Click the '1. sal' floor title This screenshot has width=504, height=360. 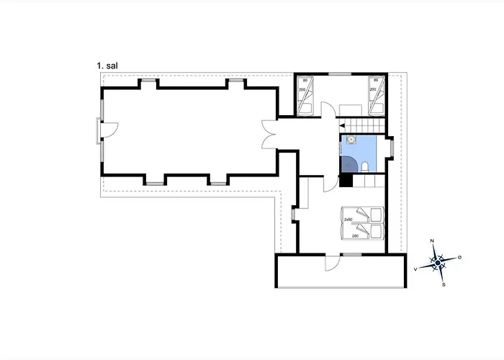tap(107, 66)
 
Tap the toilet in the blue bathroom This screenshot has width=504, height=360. tap(365, 167)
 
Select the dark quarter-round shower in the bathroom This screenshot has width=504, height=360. tap(348, 164)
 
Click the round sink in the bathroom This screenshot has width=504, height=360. tap(351, 140)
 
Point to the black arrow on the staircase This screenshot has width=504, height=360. tap(342, 126)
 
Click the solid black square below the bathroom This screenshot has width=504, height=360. tap(346, 181)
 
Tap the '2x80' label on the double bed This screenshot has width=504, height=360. tap(348, 220)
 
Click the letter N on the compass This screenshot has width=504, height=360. tap(432, 240)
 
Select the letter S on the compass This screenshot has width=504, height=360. tap(444, 285)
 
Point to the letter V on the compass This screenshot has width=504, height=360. tap(415, 269)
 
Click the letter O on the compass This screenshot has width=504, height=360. tap(459, 257)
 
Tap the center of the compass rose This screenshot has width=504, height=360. tap(438, 263)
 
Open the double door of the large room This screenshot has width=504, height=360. tap(269, 135)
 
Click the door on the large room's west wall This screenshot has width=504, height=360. tap(110, 130)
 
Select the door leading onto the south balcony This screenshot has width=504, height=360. tap(333, 263)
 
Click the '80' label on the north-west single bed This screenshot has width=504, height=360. tap(305, 81)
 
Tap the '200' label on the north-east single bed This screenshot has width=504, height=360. tap(373, 89)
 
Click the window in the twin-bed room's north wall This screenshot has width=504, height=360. tap(340, 74)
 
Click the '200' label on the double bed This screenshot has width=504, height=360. tap(355, 236)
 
